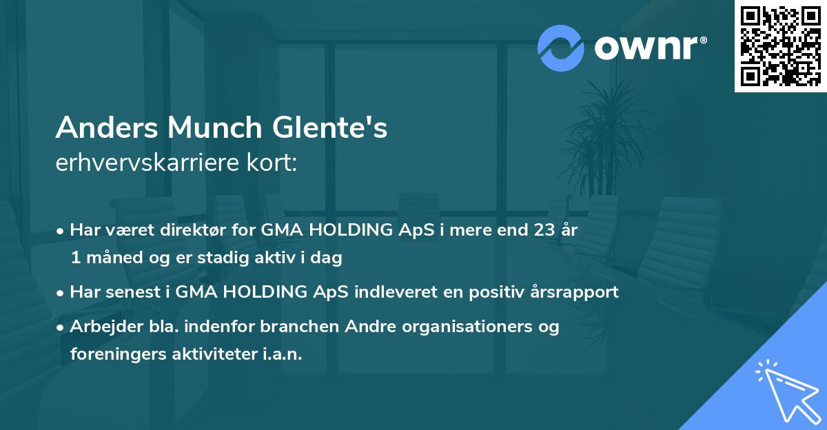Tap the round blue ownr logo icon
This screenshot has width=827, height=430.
561,48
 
